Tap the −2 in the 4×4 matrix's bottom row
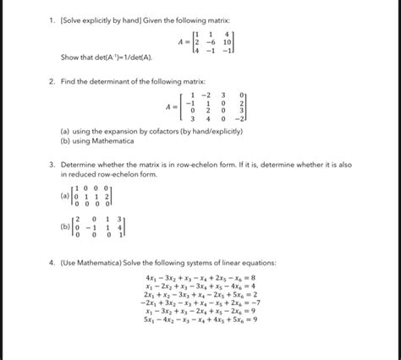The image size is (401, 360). [x=242, y=119]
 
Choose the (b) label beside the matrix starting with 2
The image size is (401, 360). [x=65, y=226]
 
